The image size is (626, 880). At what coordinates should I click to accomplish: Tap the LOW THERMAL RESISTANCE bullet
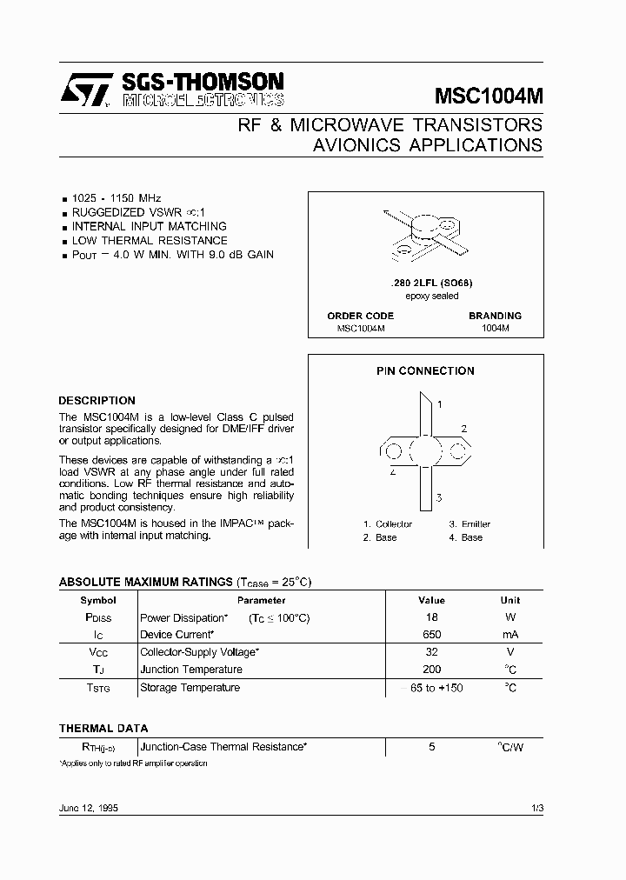[149, 240]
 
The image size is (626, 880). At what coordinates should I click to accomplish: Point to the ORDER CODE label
[360, 316]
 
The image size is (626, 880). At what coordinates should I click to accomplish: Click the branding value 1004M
[495, 330]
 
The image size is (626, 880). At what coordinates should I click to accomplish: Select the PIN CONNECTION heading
[425, 370]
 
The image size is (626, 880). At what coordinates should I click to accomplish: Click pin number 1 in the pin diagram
[440, 404]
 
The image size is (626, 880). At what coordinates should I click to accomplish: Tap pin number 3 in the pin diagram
[440, 497]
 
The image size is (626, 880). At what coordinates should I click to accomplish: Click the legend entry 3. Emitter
[469, 524]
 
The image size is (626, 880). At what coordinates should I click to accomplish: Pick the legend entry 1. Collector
[388, 524]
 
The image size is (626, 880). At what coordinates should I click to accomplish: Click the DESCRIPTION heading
[97, 401]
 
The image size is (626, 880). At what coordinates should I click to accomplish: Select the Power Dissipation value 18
[431, 617]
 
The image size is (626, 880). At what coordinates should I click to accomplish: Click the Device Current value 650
[431, 635]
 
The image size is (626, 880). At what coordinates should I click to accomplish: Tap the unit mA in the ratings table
[510, 635]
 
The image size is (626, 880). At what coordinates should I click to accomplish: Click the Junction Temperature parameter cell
[191, 670]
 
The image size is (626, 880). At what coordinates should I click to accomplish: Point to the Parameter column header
[261, 600]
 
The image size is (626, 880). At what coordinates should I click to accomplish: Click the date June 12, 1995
[89, 808]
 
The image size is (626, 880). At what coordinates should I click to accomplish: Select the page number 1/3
[536, 808]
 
